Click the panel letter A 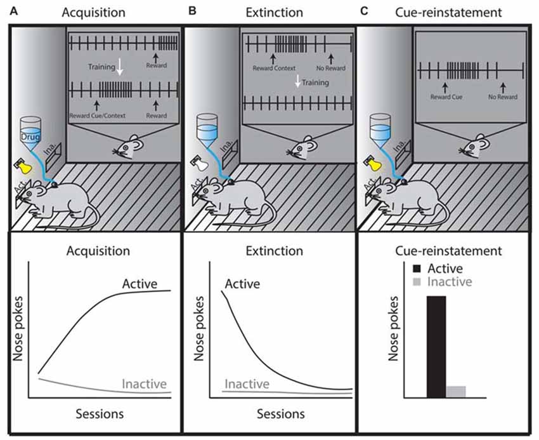click(5, 10)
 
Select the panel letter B click(186, 10)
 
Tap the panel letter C click(362, 10)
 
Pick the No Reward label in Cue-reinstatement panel click(501, 97)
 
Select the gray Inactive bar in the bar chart click(456, 392)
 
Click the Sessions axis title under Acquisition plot click(99, 415)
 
